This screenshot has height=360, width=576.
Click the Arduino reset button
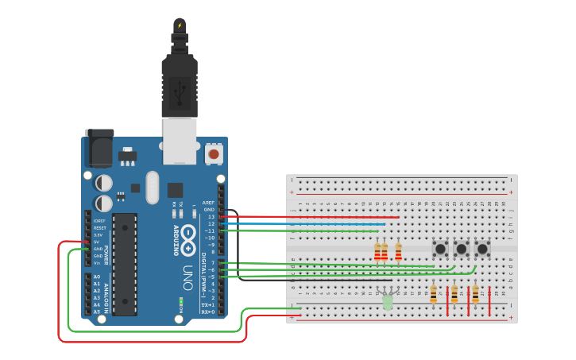pos(213,153)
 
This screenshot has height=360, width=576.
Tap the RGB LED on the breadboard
pos(387,300)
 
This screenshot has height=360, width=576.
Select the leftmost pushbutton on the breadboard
pos(439,249)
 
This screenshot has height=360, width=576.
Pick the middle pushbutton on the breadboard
pos(461,249)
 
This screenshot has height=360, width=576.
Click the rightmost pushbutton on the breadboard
pos(482,249)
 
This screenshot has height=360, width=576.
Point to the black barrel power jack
pos(99,148)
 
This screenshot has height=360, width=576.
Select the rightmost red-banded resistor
pos(398,252)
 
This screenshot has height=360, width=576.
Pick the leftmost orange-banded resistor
pos(433,294)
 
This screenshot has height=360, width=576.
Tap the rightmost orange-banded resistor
pos(475,294)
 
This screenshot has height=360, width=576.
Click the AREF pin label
pos(208,203)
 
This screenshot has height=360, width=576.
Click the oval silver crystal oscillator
pos(153,188)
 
